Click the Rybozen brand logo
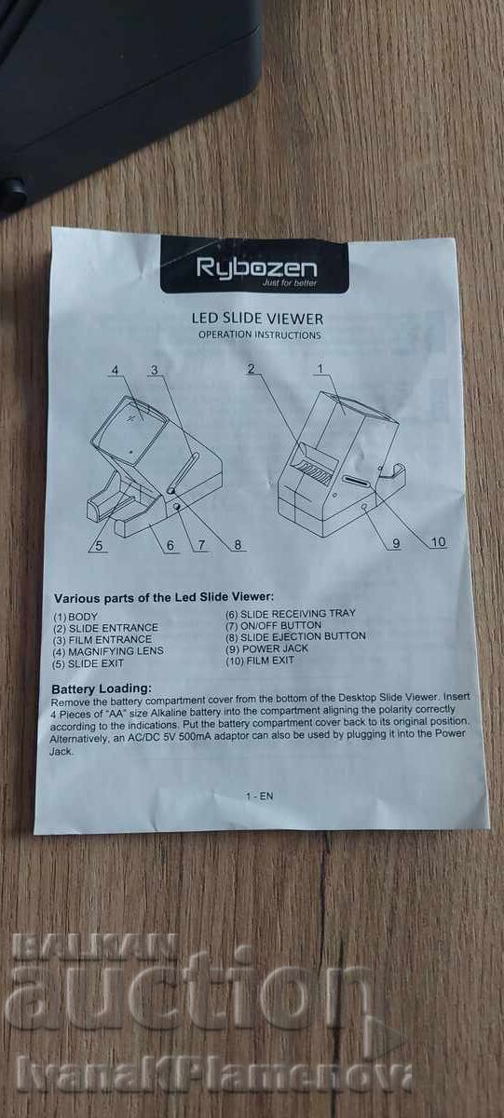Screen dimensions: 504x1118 click(256, 269)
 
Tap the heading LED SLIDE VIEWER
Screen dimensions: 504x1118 click(257, 319)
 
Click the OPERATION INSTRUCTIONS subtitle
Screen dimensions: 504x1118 click(260, 334)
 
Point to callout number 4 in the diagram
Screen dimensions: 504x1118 click(116, 371)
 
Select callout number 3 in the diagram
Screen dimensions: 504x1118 click(155, 370)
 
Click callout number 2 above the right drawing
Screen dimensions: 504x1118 click(251, 368)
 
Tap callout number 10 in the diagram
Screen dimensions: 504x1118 click(438, 542)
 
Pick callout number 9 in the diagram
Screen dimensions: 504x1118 click(396, 543)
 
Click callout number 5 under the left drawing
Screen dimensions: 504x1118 click(99, 546)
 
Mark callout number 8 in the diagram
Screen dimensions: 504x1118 click(238, 544)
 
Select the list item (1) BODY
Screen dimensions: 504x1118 click(75, 617)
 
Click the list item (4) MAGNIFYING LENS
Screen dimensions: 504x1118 click(108, 651)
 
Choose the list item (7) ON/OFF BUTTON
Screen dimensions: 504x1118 click(274, 625)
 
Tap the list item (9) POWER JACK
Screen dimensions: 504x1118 click(267, 648)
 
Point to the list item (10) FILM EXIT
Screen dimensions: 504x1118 click(260, 661)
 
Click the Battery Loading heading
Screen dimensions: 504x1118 click(102, 689)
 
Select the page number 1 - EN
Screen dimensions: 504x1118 click(260, 796)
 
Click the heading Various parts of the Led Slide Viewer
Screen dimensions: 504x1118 click(164, 597)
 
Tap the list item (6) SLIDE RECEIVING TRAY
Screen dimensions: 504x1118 click(291, 613)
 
